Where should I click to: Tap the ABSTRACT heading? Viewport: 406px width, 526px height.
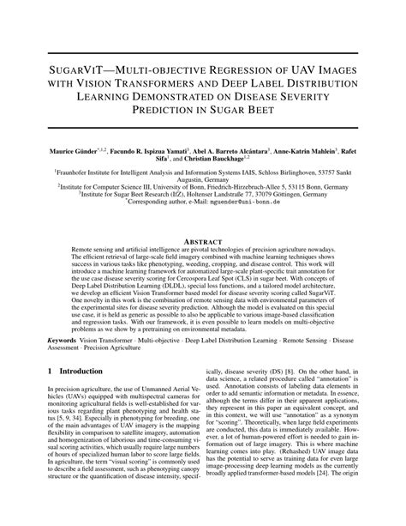point(203,242)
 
